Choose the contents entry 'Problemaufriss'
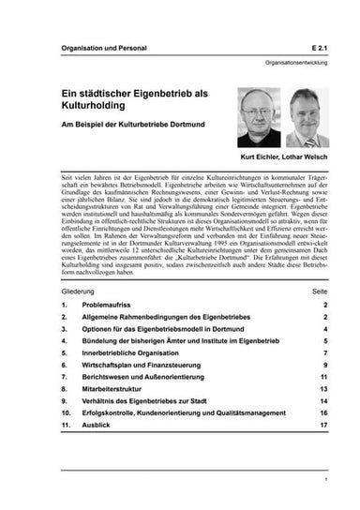click(105, 306)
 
